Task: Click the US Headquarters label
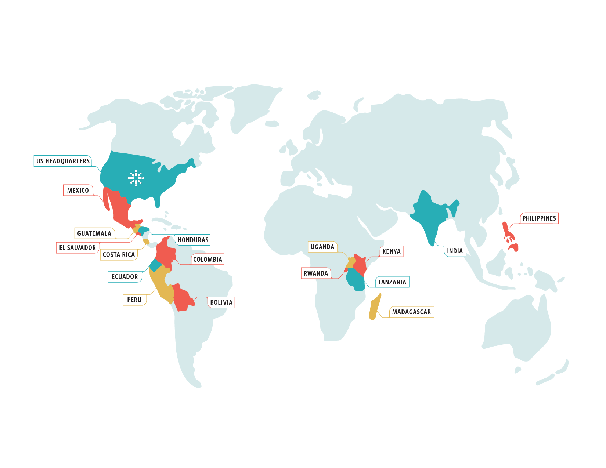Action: point(63,161)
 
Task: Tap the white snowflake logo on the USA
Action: point(136,178)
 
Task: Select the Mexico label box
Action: point(78,191)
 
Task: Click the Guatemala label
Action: point(94,233)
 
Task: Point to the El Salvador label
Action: point(77,248)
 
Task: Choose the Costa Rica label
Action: point(119,255)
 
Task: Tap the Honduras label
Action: point(193,240)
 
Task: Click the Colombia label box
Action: point(208,260)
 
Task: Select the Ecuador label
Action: point(125,277)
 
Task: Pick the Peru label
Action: point(134,300)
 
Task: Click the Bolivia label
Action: point(221,302)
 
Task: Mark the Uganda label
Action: point(322,247)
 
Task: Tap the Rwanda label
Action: point(316,273)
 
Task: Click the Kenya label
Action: point(391,251)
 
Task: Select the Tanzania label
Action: point(392,282)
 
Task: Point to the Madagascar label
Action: point(411,312)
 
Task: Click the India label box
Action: point(455,251)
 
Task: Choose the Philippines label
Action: point(539,218)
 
